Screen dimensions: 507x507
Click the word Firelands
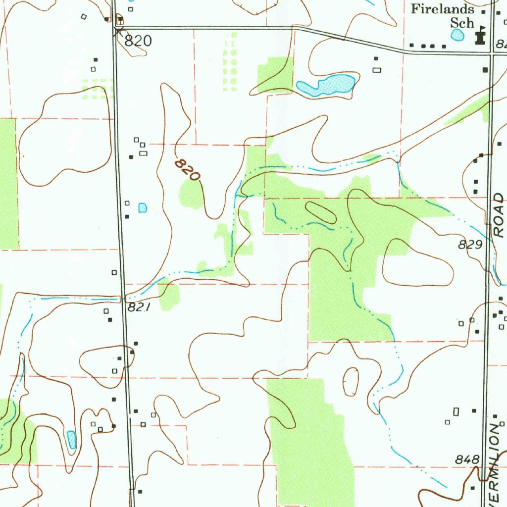coord(443,9)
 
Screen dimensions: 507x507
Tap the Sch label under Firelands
coord(461,23)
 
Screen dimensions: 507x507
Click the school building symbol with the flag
coord(479,37)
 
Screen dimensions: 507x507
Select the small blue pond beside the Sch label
coord(457,35)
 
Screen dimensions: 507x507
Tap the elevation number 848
coord(467,460)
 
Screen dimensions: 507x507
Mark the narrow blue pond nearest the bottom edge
coord(71,439)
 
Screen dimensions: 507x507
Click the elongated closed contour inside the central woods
coord(320,212)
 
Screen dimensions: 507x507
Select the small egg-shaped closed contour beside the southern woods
coord(351,381)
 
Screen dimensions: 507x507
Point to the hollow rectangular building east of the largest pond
coord(377,70)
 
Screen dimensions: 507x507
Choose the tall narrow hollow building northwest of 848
coord(456,411)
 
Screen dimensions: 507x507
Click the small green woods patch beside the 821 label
coord(169,295)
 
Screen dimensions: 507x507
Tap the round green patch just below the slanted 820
coord(191,194)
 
